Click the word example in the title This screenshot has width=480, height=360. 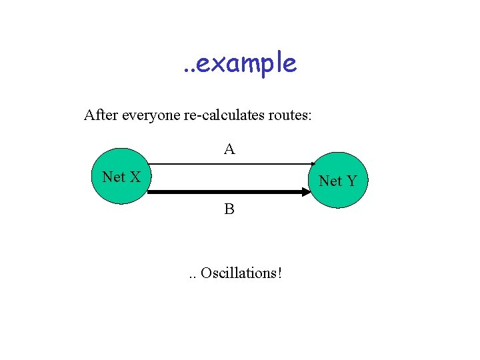pos(247,63)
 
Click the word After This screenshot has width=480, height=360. pos(101,115)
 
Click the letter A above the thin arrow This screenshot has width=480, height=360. pos(229,149)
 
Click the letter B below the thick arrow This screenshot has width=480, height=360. pos(229,209)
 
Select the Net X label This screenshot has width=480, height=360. pos(121,177)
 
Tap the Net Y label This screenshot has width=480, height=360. pos(337,181)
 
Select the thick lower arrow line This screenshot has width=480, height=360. pos(227,193)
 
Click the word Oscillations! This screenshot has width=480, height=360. pos(241,273)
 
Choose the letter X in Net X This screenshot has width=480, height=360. pos(135,177)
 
